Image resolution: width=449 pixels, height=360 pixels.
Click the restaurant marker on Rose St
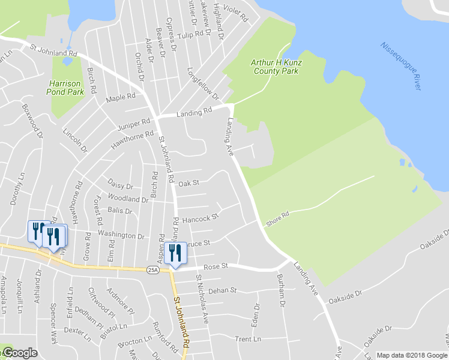[175, 253]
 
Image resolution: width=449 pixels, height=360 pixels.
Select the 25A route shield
[152, 270]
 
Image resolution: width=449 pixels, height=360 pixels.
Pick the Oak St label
[188, 182]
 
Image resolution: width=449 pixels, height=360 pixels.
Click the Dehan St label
[223, 291]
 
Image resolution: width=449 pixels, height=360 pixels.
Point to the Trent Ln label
[248, 340]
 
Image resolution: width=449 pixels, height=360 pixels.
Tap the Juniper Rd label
[134, 124]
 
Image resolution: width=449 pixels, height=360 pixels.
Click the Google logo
[19, 353]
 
